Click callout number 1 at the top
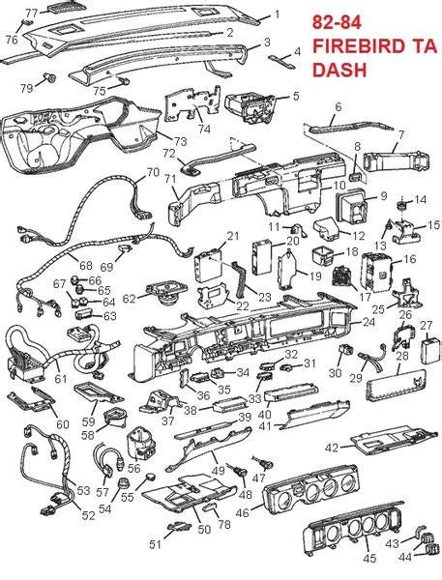click(277, 14)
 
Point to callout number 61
click(61, 379)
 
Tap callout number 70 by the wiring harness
click(153, 173)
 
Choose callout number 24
click(368, 322)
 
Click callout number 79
click(26, 88)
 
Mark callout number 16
click(409, 259)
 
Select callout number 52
click(88, 516)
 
